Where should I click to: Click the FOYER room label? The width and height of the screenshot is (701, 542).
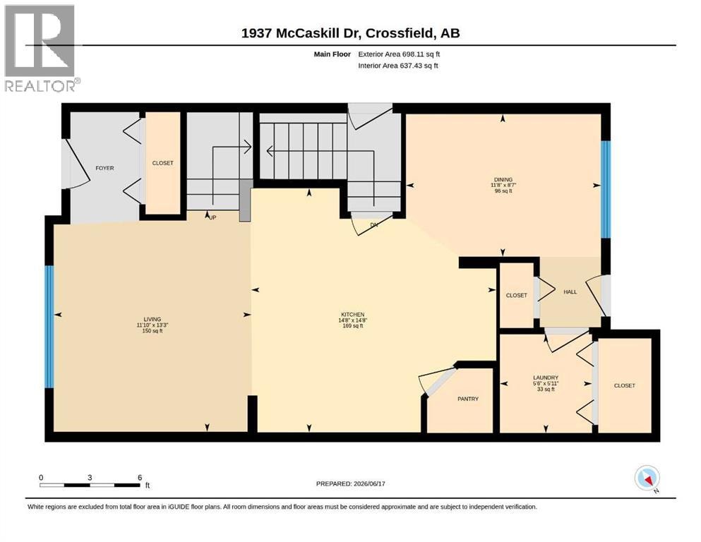click(x=104, y=168)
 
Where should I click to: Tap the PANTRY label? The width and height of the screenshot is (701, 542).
click(x=467, y=399)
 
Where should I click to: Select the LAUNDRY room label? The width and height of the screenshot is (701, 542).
click(x=546, y=378)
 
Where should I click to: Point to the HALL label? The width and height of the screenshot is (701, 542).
click(x=570, y=291)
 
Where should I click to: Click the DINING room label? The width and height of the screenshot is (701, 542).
click(x=503, y=180)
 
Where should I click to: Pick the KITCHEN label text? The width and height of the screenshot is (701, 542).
click(x=352, y=315)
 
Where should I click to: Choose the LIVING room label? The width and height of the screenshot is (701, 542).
click(x=152, y=319)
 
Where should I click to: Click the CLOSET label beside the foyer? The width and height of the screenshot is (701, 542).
click(x=163, y=163)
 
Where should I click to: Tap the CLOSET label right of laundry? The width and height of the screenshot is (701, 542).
click(x=624, y=385)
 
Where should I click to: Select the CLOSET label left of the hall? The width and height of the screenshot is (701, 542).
click(x=516, y=296)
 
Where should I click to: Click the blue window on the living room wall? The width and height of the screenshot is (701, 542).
click(x=49, y=327)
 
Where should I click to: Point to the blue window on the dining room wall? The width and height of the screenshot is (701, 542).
click(x=605, y=189)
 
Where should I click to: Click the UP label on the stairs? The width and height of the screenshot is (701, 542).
click(x=212, y=217)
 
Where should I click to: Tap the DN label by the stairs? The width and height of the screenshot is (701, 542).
click(x=374, y=224)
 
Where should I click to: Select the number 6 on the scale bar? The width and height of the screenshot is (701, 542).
click(x=140, y=478)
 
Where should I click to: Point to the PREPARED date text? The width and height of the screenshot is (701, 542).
click(x=350, y=483)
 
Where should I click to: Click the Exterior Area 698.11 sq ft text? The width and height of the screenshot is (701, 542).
click(x=399, y=54)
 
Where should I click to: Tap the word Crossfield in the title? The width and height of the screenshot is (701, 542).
click(x=400, y=33)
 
